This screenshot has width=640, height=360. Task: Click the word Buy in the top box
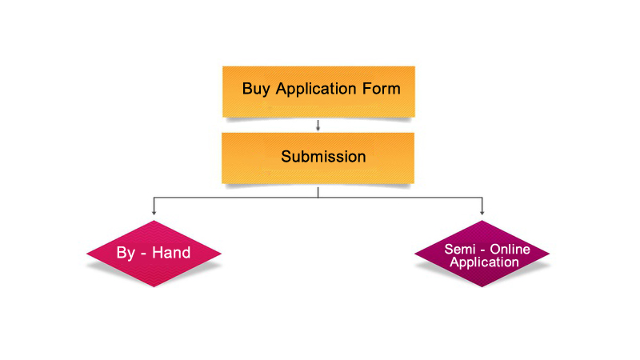coord(257,88)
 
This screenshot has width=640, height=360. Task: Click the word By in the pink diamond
coord(126,253)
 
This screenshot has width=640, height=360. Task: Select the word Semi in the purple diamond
coord(460,250)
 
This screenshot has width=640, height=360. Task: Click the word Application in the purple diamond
coord(483,262)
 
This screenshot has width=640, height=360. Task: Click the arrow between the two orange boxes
coord(318,126)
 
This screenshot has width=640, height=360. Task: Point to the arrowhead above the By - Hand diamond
coord(153,212)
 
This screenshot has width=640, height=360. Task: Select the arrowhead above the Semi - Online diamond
coord(482,212)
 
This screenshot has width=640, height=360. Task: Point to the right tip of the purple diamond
coord(550,255)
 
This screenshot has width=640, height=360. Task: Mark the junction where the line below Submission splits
coord(318,195)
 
